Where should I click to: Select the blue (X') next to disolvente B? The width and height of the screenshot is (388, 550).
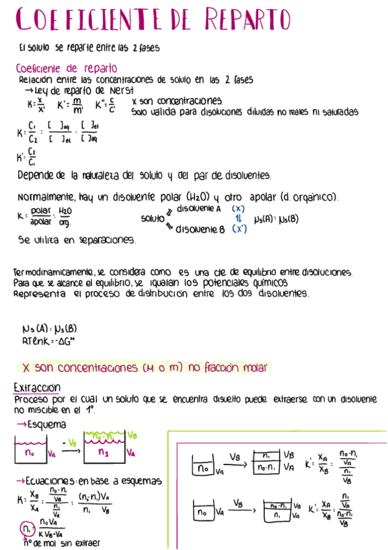tap(240, 229)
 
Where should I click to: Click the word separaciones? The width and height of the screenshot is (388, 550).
tap(108, 240)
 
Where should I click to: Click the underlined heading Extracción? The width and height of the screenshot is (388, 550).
tap(37, 388)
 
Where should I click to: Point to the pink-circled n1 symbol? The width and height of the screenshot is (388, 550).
tap(26, 529)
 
